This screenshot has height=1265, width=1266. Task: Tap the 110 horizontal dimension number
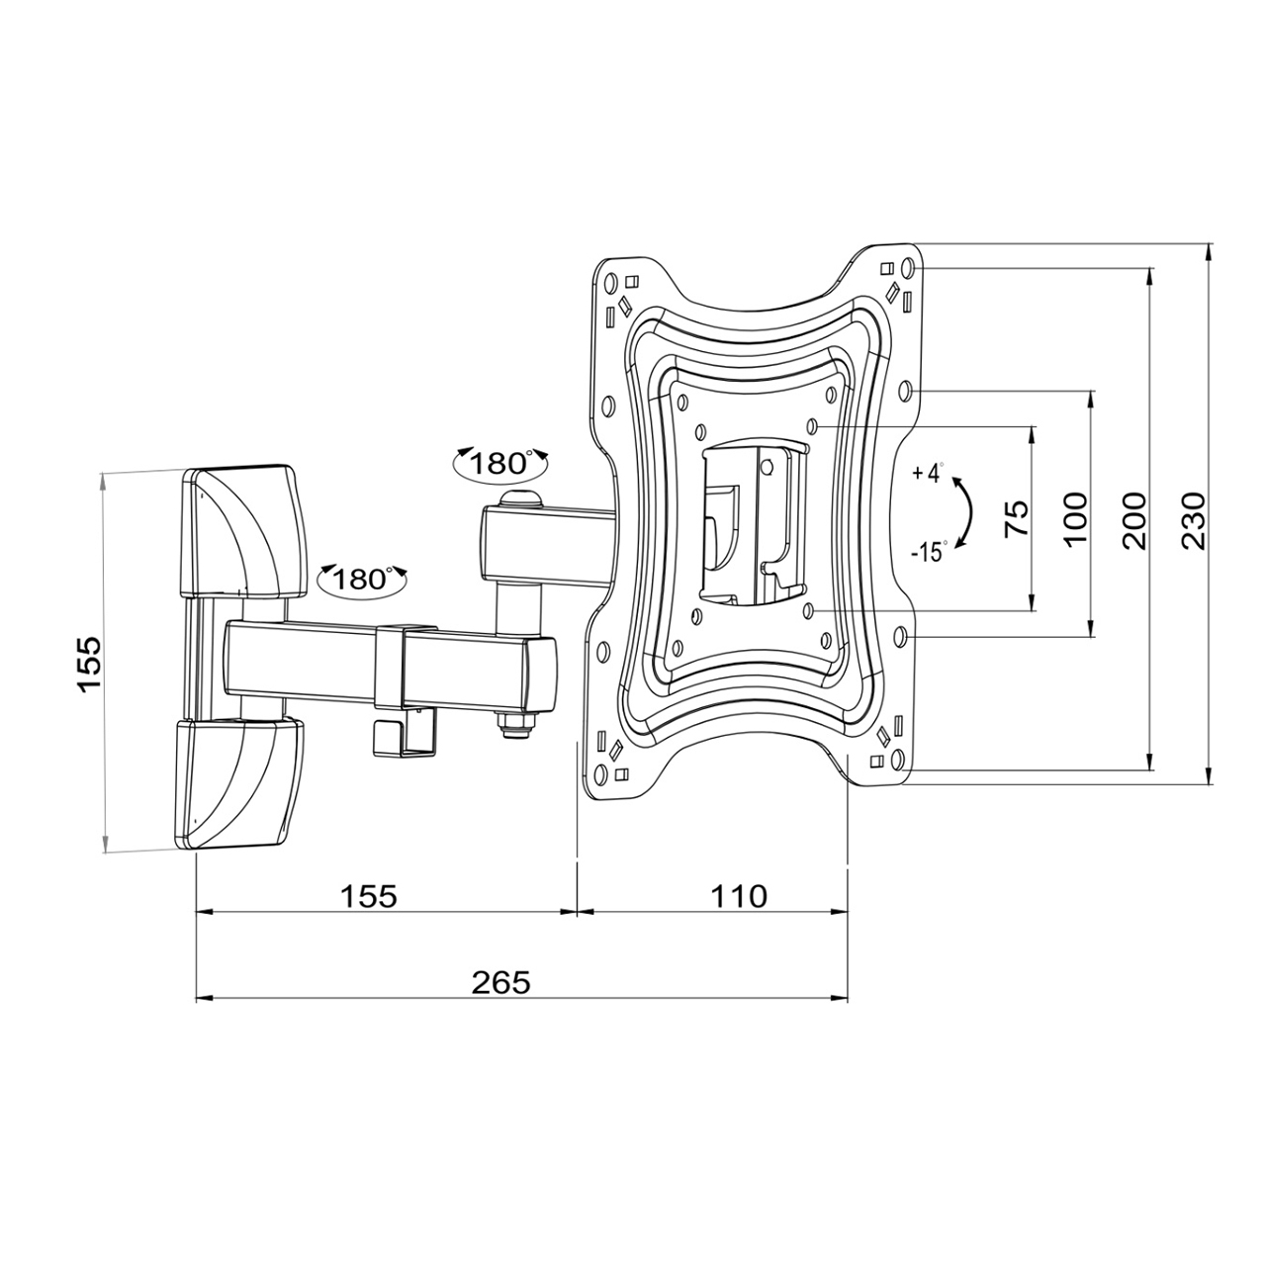click(x=738, y=896)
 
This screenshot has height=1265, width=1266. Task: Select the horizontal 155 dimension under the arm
click(x=369, y=896)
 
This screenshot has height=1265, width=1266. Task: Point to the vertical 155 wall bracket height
click(x=89, y=663)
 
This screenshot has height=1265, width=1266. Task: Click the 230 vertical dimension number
click(x=1193, y=520)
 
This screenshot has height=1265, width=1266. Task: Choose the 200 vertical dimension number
click(x=1133, y=520)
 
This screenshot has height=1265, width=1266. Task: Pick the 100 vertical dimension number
click(x=1075, y=520)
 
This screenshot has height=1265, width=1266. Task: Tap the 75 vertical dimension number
click(x=1017, y=518)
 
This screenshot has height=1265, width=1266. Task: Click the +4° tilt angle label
click(x=929, y=473)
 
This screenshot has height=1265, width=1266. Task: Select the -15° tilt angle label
click(x=929, y=552)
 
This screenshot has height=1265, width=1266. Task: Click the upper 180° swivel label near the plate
click(x=499, y=464)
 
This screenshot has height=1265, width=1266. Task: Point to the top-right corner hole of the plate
click(x=908, y=267)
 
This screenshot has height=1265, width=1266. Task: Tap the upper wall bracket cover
click(x=243, y=529)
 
